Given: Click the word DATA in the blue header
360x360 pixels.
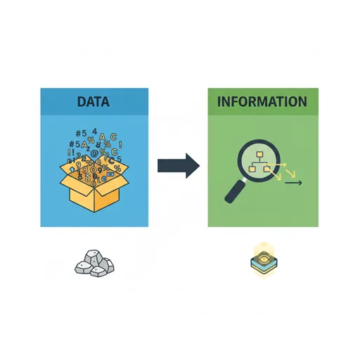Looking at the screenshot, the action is coord(94,102).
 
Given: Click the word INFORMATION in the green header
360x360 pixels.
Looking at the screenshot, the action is coord(262,101).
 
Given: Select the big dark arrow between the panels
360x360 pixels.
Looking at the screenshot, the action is coord(179,166).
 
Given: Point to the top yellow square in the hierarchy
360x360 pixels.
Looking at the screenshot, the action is coord(259,155).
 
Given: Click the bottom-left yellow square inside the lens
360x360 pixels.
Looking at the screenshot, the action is coord(252,169).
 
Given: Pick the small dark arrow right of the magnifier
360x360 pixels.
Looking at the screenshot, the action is coord(293,183).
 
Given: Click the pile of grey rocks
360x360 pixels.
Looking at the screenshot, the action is coord(94,263).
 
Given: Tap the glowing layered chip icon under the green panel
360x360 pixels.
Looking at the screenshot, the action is coord(264,261).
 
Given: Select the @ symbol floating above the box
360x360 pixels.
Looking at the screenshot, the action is coord(94,153).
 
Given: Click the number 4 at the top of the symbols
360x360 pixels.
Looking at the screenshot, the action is coord(94,131).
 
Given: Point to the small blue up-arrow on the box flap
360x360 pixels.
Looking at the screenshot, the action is coord(72,169).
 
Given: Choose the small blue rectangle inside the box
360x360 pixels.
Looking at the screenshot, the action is coord(110,174).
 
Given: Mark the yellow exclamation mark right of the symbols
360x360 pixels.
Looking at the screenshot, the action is coord(120,144).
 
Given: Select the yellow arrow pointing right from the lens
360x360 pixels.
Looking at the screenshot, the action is coord(276,165).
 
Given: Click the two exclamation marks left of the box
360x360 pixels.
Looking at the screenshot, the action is coord(71,153).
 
